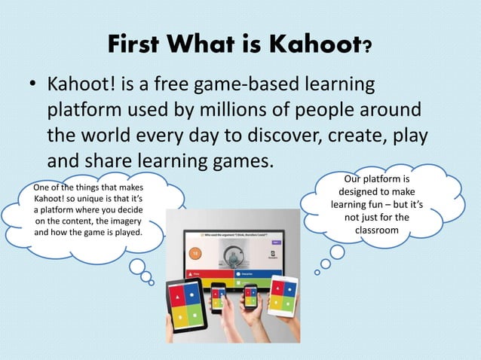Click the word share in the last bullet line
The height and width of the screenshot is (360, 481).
102,162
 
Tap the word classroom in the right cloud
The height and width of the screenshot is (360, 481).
376,230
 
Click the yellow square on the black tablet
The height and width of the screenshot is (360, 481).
178,316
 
